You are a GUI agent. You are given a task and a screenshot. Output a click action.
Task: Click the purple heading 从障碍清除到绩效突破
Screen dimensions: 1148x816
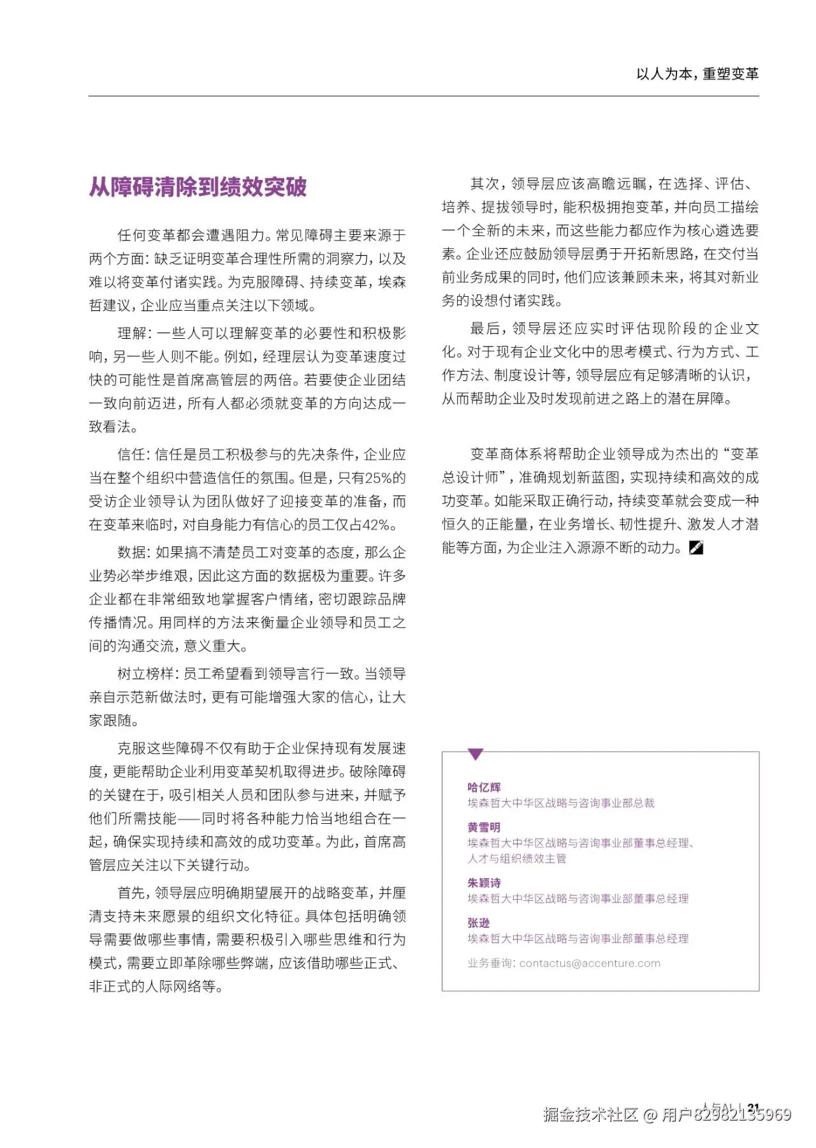click(x=198, y=187)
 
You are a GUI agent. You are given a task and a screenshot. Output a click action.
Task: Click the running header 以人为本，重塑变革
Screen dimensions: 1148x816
click(x=697, y=74)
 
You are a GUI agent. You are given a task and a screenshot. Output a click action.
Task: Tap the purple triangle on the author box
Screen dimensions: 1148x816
click(x=476, y=755)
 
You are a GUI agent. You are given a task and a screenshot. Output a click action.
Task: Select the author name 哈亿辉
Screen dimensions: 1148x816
click(x=484, y=787)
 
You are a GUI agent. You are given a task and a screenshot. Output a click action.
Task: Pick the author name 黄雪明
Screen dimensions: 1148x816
click(x=484, y=828)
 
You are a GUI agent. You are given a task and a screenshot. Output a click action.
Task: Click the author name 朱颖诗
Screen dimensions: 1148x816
click(x=484, y=883)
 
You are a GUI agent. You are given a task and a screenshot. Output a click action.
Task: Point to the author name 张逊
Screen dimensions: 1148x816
click(x=478, y=923)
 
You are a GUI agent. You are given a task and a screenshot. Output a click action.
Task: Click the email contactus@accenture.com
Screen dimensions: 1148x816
click(x=590, y=964)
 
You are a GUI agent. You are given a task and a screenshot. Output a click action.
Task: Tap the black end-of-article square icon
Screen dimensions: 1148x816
click(x=696, y=548)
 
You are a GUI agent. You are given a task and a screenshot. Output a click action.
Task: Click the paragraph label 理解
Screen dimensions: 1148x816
click(x=132, y=333)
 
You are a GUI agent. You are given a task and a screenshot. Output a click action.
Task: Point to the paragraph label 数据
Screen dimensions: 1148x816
click(x=132, y=552)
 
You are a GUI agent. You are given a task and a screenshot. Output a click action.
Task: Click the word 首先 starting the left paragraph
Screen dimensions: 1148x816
click(x=132, y=893)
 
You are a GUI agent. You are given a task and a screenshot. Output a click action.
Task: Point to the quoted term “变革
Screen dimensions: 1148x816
click(x=741, y=454)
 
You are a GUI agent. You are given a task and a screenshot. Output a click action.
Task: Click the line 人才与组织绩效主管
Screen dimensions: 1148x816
click(x=517, y=858)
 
